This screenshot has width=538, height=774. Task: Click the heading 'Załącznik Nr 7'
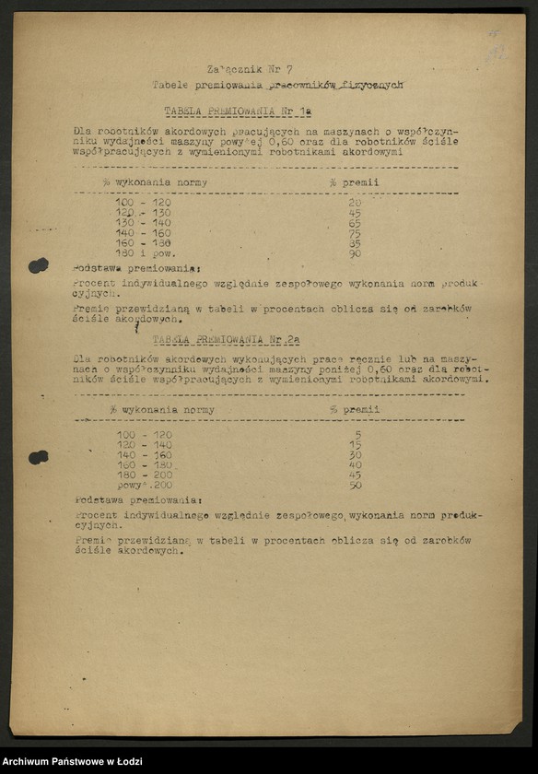(250, 68)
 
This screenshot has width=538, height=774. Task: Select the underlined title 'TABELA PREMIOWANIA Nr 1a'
(238, 111)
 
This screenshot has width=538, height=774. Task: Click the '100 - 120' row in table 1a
(144, 203)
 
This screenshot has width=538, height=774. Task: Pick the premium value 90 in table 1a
(356, 253)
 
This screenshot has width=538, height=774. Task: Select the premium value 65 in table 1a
(356, 223)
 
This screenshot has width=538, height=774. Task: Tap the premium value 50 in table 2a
(356, 485)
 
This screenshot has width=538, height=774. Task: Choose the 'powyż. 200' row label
(144, 485)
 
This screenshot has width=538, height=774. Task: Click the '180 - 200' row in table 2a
(145, 475)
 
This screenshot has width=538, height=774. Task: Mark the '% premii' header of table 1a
(354, 182)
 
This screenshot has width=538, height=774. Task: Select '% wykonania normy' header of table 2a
(161, 410)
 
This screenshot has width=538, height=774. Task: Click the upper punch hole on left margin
(38, 265)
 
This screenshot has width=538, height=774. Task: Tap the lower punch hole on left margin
(38, 457)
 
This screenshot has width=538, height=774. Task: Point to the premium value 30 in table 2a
(356, 454)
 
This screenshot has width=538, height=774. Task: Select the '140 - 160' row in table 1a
(144, 233)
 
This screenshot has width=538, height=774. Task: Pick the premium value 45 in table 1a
(356, 213)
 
